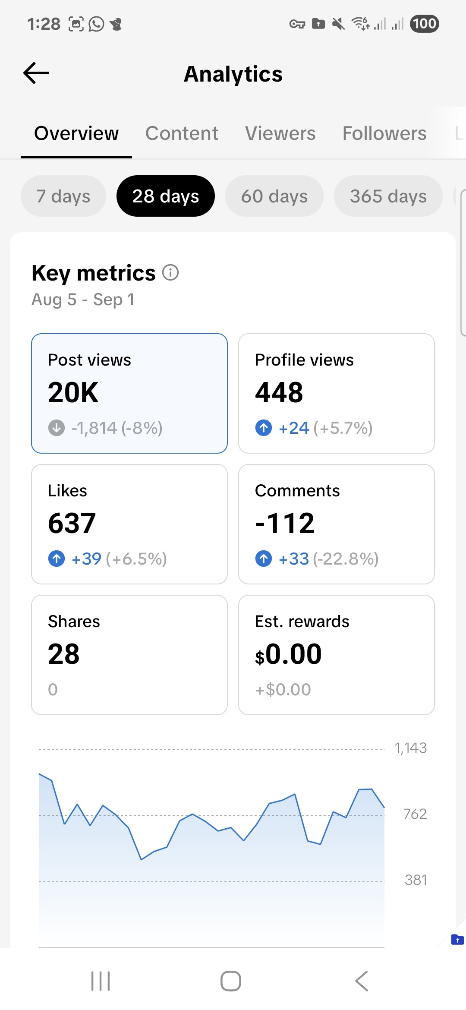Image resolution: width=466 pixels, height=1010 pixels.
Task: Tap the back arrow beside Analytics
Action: coord(36,73)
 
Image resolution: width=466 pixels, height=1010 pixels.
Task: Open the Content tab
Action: coord(182,133)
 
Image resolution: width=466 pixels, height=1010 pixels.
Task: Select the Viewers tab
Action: coord(280,133)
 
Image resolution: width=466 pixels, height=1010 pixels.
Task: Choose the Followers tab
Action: coord(384,133)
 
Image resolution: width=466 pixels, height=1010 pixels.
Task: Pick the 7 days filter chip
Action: coord(63,196)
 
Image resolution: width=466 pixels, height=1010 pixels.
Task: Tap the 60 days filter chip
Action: coord(274,196)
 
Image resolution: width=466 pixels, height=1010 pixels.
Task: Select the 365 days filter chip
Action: coord(388,196)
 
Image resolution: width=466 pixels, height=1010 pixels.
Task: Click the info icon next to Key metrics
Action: coord(170,273)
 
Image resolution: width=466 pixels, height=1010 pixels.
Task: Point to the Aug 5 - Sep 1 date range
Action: coord(83,300)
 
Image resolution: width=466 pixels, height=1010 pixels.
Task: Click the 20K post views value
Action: coord(73,393)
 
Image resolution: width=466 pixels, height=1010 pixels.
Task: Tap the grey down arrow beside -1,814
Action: coord(57,428)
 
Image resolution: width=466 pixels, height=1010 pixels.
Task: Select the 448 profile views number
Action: coord(279,393)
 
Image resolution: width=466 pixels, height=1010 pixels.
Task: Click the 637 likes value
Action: coord(72,524)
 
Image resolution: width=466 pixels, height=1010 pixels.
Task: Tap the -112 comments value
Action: coord(285,524)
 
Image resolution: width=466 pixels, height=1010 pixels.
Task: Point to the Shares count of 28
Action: coord(64,654)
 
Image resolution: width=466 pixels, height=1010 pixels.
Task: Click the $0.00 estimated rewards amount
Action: coord(288,654)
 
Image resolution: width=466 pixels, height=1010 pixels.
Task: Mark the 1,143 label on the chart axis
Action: coord(410,748)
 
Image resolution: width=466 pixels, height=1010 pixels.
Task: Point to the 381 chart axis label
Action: coord(416,880)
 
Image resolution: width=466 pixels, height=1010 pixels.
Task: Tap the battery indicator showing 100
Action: coord(424,24)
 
